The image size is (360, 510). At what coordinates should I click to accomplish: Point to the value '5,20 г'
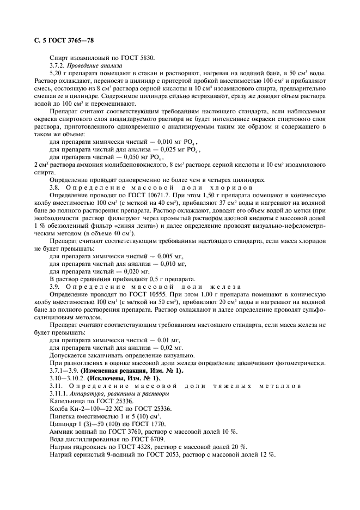[58, 72]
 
